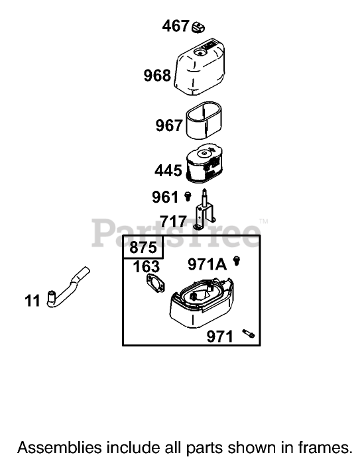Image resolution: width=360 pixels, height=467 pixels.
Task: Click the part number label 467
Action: (x=176, y=26)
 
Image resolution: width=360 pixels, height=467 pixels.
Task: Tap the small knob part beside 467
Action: (x=198, y=27)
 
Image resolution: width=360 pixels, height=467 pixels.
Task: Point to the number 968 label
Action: (x=157, y=75)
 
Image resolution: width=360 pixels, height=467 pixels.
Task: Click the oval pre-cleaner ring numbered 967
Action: (x=204, y=121)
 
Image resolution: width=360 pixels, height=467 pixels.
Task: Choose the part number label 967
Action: (x=168, y=125)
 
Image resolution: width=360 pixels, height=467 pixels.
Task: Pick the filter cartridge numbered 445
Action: (x=204, y=163)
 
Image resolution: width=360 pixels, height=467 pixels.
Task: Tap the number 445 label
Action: (x=168, y=171)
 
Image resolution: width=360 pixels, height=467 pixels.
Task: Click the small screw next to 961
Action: (x=188, y=197)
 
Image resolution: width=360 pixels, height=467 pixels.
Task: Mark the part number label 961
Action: (x=165, y=197)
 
